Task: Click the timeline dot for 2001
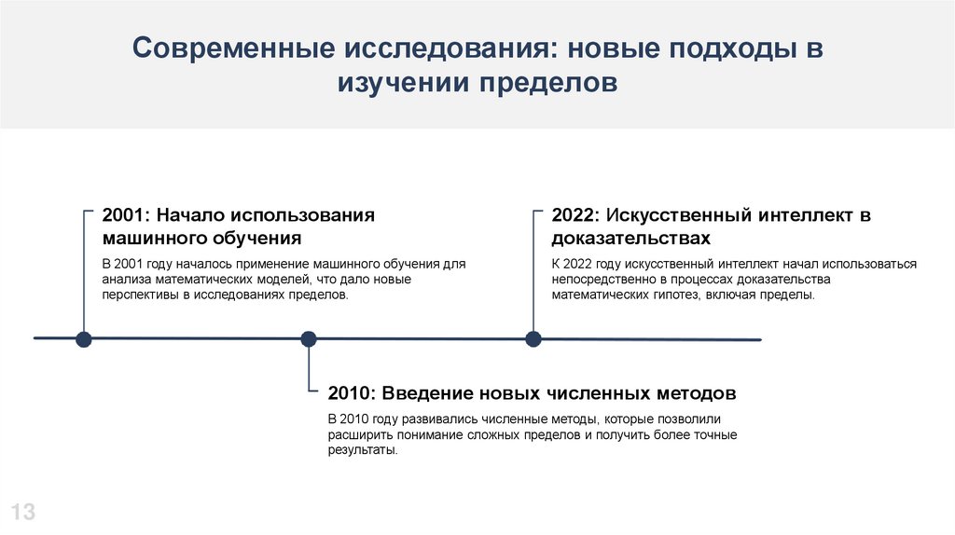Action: click(x=84, y=338)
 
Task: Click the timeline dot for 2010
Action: click(x=309, y=338)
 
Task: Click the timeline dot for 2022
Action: click(x=533, y=338)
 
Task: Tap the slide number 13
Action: click(x=22, y=511)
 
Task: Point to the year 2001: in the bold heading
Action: click(x=129, y=215)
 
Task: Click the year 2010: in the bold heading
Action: click(x=353, y=391)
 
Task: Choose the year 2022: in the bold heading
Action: click(x=577, y=215)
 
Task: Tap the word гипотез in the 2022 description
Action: click(x=703, y=294)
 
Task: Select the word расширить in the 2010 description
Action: click(x=357, y=434)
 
